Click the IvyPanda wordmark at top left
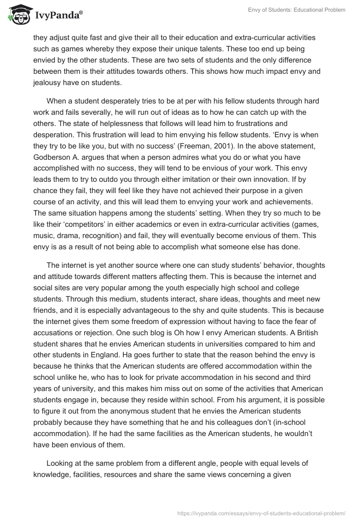[58, 15]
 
